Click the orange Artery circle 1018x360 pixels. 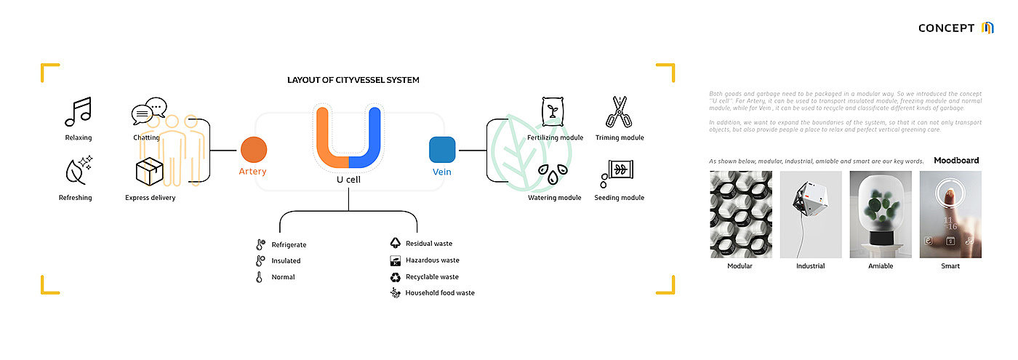(x=254, y=150)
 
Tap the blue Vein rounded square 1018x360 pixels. (x=442, y=150)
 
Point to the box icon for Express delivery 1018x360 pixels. (x=148, y=172)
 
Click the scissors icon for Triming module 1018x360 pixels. (x=618, y=113)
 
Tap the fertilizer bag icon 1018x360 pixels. (x=553, y=112)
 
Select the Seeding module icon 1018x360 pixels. (x=618, y=173)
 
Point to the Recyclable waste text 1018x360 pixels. (x=432, y=277)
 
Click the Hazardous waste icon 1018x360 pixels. (x=395, y=260)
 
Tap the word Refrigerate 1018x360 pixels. (x=289, y=244)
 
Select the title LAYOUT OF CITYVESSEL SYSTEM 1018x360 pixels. (x=353, y=80)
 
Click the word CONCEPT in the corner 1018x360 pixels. (x=946, y=28)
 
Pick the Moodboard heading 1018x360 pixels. (x=956, y=161)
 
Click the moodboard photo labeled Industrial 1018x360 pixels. (x=811, y=215)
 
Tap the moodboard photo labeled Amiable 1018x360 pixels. (x=881, y=215)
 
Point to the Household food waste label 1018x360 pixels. (x=440, y=293)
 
